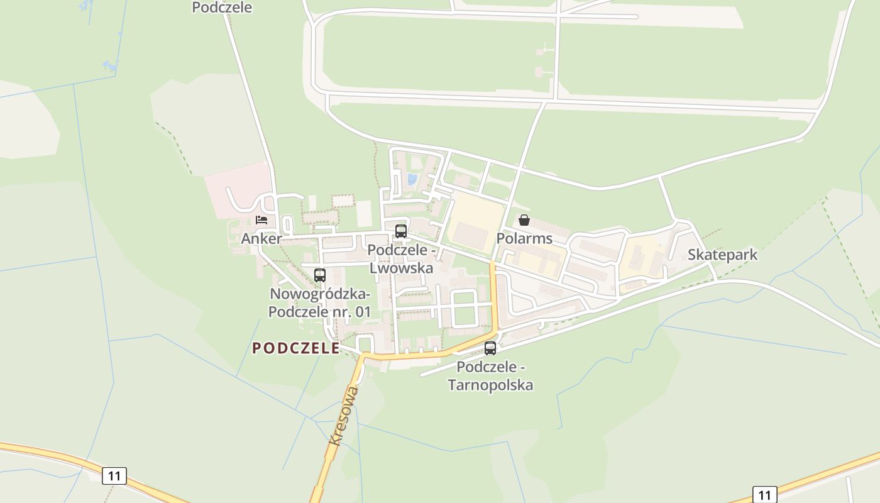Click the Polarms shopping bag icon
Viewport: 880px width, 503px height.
524,220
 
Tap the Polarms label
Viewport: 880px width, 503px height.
524,238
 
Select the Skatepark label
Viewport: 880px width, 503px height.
722,255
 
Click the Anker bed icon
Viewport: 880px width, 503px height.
261,220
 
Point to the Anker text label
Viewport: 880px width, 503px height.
261,238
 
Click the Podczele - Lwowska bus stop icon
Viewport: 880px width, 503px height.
401,231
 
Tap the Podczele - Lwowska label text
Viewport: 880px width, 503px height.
401,258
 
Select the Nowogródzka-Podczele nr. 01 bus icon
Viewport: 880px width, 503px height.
320,275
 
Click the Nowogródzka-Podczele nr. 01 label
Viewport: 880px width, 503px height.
320,302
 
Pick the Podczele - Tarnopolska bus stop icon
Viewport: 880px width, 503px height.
490,348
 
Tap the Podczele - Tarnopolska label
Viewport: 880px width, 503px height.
490,375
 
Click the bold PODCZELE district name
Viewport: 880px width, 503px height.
296,348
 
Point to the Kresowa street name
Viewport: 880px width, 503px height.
344,416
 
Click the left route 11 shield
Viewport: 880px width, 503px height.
114,475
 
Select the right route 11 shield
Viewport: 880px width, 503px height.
764,495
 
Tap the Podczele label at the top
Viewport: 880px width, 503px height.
222,8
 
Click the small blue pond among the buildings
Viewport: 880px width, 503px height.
412,179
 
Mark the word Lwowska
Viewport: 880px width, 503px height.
401,268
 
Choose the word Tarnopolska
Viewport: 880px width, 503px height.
490,385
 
